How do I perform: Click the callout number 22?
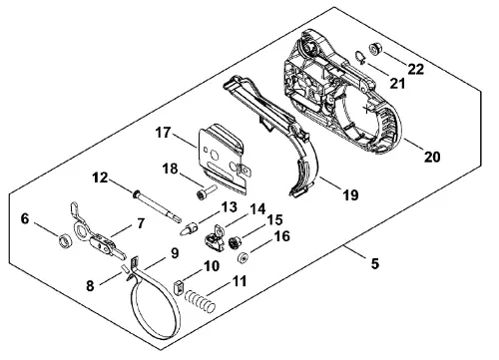(x=416, y=69)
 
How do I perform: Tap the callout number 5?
(x=375, y=263)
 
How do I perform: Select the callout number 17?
(x=163, y=133)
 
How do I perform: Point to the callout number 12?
(x=100, y=178)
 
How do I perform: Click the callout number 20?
(x=432, y=157)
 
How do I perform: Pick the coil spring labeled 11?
(x=200, y=300)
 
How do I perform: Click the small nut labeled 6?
(x=64, y=241)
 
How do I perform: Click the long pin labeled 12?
(x=157, y=206)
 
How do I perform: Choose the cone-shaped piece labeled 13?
(x=189, y=229)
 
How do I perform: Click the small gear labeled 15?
(x=236, y=243)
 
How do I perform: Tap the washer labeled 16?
(x=243, y=257)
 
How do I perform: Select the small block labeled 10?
(x=179, y=286)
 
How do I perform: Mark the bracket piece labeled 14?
(x=214, y=238)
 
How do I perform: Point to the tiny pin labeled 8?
(x=124, y=267)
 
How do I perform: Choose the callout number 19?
(x=350, y=194)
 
